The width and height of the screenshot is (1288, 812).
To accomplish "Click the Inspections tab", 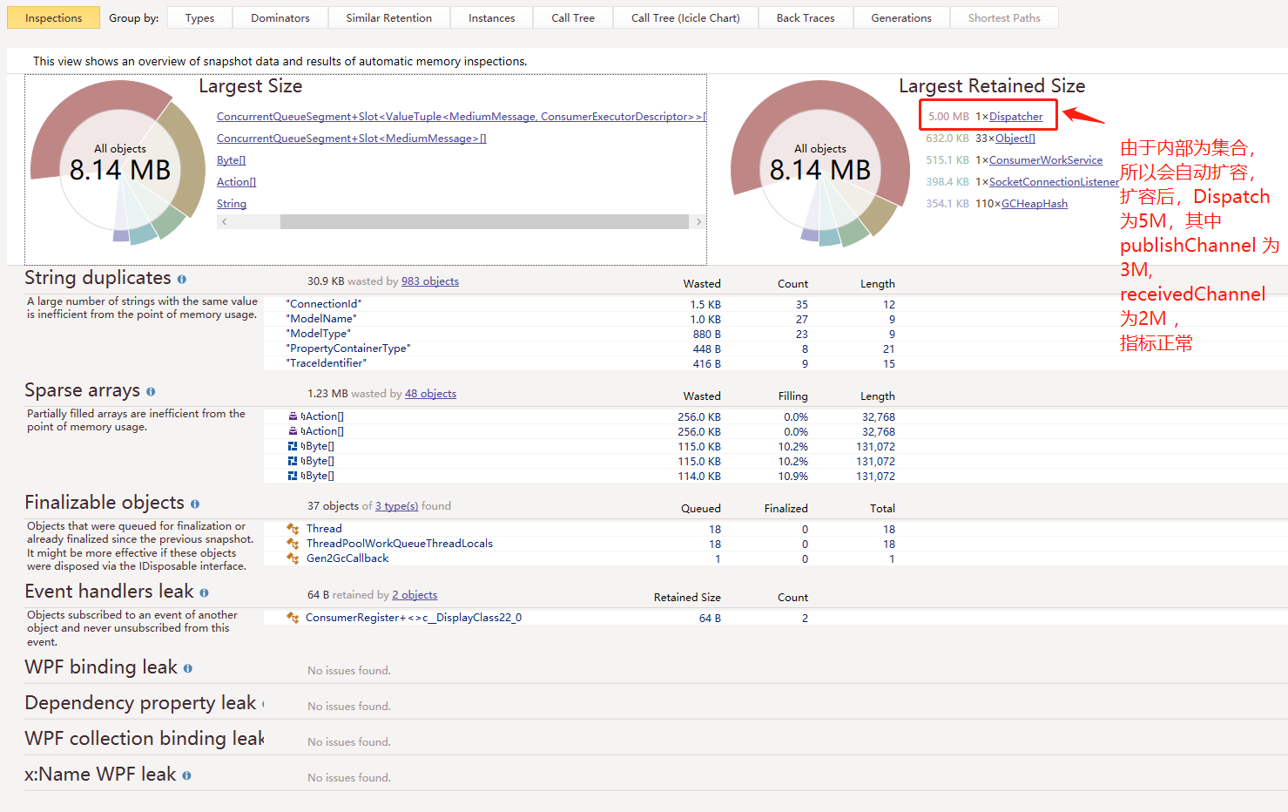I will pyautogui.click(x=53, y=17).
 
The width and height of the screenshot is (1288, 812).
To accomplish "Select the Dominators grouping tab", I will pyautogui.click(x=280, y=17).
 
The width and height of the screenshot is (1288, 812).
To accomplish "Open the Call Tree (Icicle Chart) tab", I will pyautogui.click(x=685, y=17).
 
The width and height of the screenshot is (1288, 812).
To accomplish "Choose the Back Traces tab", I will pyautogui.click(x=805, y=17).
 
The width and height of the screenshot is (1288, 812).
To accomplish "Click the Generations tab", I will pyautogui.click(x=900, y=17).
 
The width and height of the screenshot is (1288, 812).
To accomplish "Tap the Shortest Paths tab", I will pyautogui.click(x=1003, y=17).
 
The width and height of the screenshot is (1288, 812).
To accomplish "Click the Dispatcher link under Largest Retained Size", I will pyautogui.click(x=1015, y=117).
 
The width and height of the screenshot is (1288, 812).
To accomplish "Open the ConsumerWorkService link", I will pyautogui.click(x=1045, y=160).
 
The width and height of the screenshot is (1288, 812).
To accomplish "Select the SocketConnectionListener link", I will pyautogui.click(x=1054, y=182).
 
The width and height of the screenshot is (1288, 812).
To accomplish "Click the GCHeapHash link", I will pyautogui.click(x=1034, y=204).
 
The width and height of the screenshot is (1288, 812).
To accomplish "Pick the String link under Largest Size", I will pyautogui.click(x=232, y=204).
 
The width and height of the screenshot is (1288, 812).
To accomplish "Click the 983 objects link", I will pyautogui.click(x=430, y=281).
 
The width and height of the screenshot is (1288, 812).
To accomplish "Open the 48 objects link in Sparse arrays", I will pyautogui.click(x=430, y=394).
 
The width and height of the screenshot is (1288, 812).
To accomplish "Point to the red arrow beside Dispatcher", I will pyautogui.click(x=1083, y=115).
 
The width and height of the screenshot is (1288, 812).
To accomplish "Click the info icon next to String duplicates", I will pyautogui.click(x=182, y=280).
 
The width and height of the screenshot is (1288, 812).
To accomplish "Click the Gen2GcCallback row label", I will pyautogui.click(x=347, y=558).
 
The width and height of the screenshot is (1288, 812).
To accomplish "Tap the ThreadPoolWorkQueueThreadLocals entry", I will pyautogui.click(x=399, y=544).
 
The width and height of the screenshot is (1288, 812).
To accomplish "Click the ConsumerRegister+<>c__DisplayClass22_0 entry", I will pyautogui.click(x=414, y=618).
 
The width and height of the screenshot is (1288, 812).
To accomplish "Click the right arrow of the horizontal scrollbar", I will pyautogui.click(x=698, y=222).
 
